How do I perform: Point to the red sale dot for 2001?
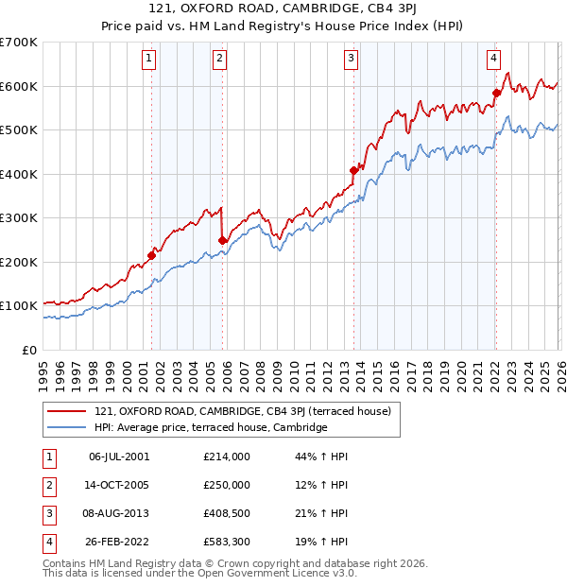(x=151, y=255)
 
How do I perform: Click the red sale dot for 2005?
(x=222, y=240)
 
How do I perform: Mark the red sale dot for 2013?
(x=353, y=170)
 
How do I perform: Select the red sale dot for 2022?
(x=496, y=93)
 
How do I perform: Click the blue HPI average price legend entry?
(x=210, y=427)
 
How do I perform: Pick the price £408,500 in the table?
(x=227, y=513)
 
